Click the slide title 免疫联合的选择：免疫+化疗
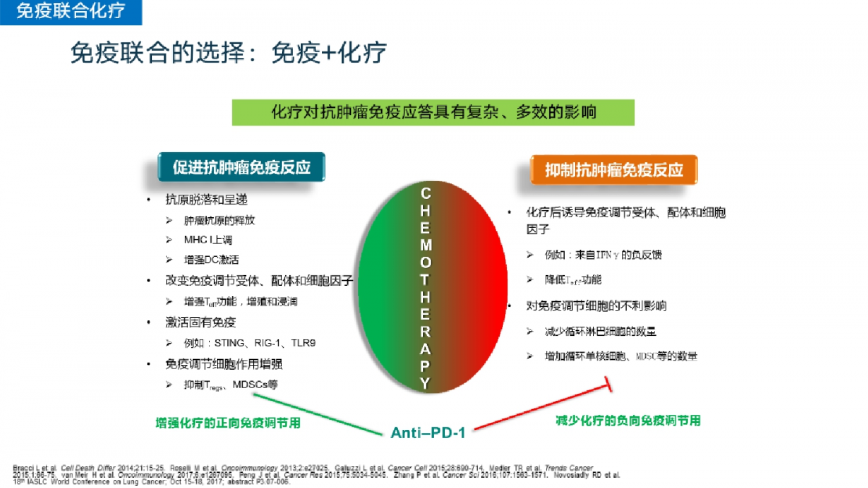coord(228,52)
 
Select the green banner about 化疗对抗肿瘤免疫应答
coord(433,113)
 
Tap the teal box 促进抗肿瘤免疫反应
coord(242,167)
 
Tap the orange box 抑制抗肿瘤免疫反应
coord(614,170)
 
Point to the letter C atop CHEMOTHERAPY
coord(426,193)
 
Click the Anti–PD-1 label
coord(428,432)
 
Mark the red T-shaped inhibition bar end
coord(608,384)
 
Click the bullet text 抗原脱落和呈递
coord(206,200)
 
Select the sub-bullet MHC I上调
coord(208,240)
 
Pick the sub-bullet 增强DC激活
coord(211,259)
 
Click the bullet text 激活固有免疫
coord(201,322)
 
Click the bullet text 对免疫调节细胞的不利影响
coord(597,306)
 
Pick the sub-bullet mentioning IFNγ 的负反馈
coord(603,255)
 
